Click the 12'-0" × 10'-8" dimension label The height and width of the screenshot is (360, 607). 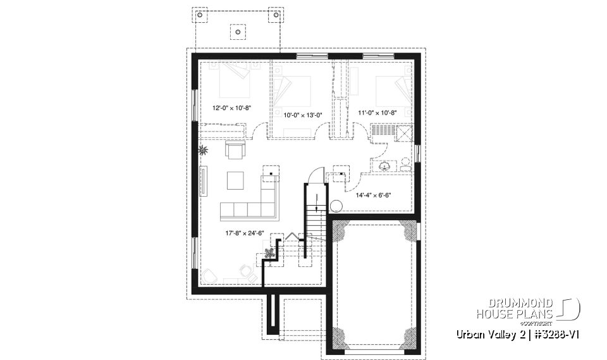pyautogui.click(x=232, y=108)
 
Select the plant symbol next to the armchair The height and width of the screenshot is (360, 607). pyautogui.click(x=204, y=151)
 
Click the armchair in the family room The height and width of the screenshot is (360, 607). pyautogui.click(x=235, y=151)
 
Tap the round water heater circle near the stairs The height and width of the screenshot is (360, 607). pyautogui.click(x=336, y=206)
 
